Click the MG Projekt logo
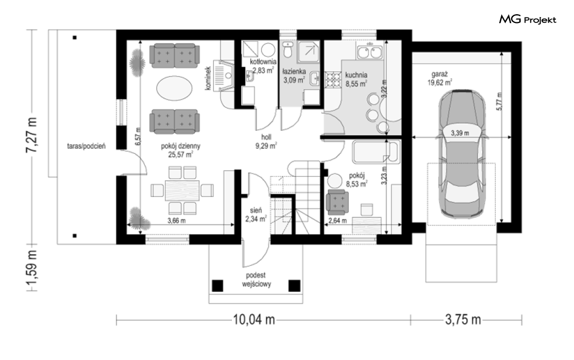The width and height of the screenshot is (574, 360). click(528, 19)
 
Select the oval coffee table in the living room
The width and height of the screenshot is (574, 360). click(174, 88)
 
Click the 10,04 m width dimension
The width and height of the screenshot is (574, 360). click(254, 320)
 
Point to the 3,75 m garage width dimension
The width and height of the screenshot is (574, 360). click(462, 320)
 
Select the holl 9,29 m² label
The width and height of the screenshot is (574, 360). click(266, 142)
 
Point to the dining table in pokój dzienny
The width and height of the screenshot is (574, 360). click(182, 190)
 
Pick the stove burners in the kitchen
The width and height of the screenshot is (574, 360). click(333, 81)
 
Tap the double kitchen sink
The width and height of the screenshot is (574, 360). click(370, 51)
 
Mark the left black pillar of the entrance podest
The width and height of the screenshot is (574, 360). click(218, 286)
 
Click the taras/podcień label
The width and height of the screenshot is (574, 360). click(86, 147)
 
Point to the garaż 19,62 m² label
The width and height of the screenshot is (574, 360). click(440, 78)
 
